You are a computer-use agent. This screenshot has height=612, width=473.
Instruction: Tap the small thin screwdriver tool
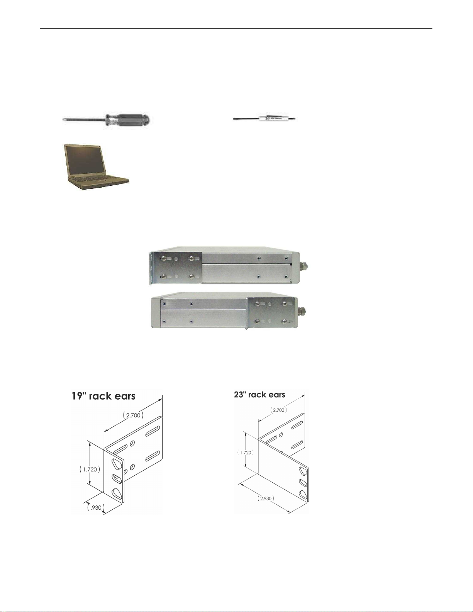[x=265, y=119]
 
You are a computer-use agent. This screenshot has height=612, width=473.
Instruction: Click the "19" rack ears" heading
[x=103, y=396]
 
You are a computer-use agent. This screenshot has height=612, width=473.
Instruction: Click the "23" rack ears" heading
[x=259, y=395]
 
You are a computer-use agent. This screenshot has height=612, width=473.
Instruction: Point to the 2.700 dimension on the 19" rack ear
[x=134, y=415]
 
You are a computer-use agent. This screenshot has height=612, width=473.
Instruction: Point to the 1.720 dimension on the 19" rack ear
[x=90, y=469]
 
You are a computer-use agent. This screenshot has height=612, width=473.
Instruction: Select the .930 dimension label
[x=96, y=507]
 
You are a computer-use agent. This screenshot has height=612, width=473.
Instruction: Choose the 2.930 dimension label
[x=266, y=498]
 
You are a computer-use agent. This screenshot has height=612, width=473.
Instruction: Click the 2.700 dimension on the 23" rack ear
[x=279, y=410]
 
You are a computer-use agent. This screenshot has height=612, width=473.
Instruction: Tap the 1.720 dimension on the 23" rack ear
[x=246, y=453]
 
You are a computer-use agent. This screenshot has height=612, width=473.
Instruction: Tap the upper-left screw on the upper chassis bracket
[x=163, y=258]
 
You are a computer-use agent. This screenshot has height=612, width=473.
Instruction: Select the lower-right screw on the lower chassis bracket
[x=286, y=321]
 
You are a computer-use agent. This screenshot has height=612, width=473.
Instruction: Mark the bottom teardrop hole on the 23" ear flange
[x=303, y=494]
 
